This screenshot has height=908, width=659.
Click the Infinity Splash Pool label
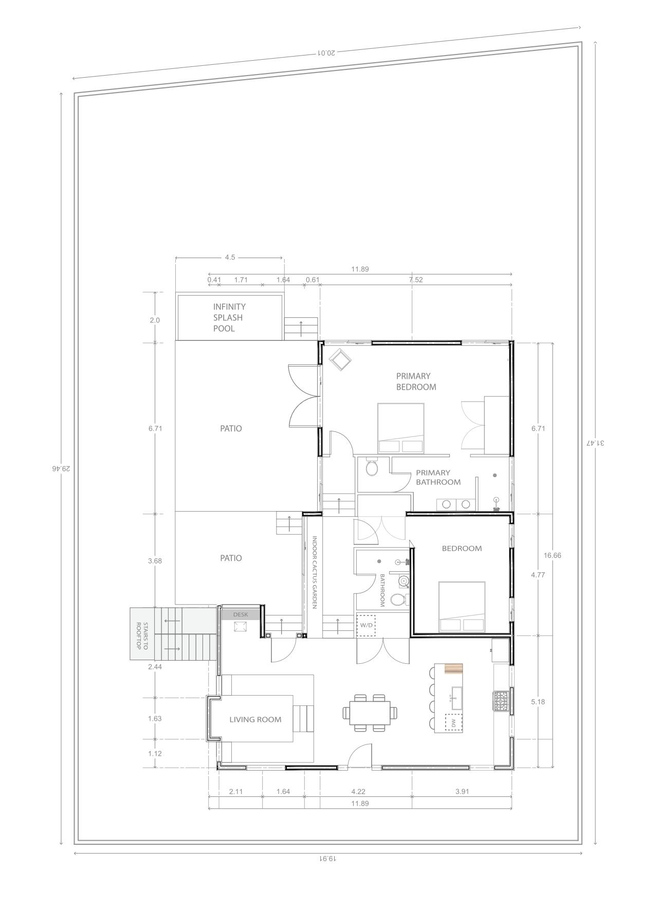click(x=229, y=318)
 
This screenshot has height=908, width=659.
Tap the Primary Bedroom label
click(x=416, y=382)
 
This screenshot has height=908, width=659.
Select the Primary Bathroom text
click(x=438, y=477)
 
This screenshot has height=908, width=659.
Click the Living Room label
click(x=255, y=719)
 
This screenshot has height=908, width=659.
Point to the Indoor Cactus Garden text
click(x=315, y=573)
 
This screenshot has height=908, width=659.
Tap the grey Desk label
click(x=241, y=614)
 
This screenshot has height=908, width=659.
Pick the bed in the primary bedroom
click(x=401, y=428)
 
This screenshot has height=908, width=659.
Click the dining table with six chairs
click(x=370, y=713)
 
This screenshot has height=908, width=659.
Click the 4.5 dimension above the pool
click(x=230, y=257)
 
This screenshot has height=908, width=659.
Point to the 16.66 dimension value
click(x=552, y=555)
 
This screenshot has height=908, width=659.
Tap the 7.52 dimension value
click(x=415, y=280)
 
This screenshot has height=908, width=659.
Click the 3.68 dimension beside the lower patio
click(x=155, y=561)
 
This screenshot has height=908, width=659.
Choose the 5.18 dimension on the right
click(x=538, y=702)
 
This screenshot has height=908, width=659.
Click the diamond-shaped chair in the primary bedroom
click(x=340, y=359)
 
